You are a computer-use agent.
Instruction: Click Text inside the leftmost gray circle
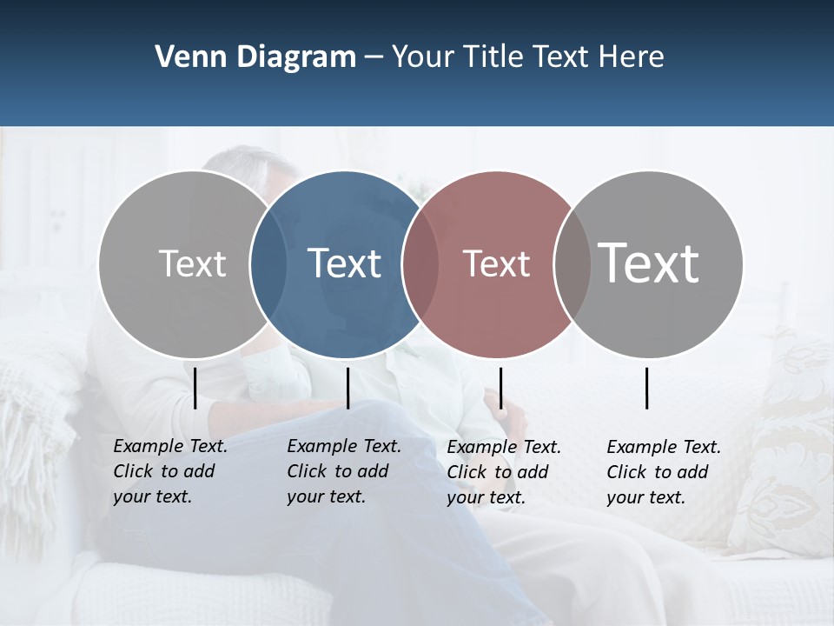point(192,263)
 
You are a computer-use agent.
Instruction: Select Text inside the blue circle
point(344,263)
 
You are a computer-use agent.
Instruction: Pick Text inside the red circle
point(496,263)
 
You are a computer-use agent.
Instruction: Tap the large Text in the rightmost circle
point(648,263)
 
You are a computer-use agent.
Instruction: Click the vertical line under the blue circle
point(347,388)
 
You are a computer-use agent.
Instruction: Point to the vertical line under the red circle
point(500,388)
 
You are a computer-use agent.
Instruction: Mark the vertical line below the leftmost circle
point(195,388)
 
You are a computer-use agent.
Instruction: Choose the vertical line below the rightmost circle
point(647,388)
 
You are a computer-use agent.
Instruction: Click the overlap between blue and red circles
point(420,264)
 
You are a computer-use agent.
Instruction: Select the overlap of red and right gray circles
point(572,264)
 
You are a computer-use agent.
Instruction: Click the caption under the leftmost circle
point(169,471)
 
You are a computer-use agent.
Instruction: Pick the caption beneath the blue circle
point(343,471)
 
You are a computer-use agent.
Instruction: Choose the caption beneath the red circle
point(503,472)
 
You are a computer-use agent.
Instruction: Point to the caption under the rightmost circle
point(663,472)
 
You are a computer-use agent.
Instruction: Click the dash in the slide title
point(374,58)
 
